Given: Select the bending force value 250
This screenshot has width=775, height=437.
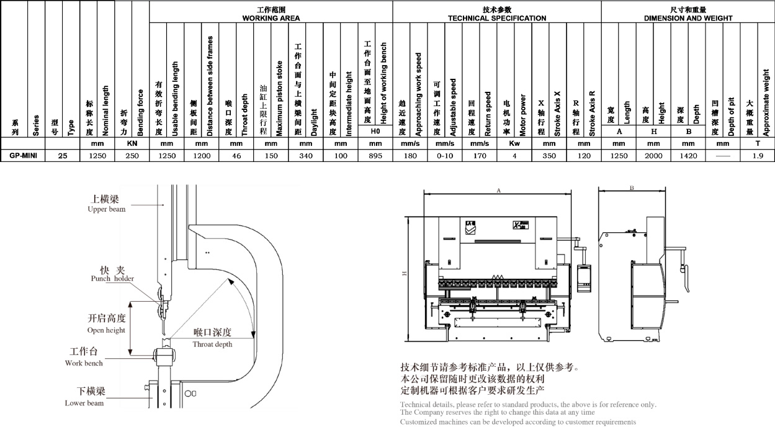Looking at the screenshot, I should (132, 156).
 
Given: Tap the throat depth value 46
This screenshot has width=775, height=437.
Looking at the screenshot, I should (236, 156).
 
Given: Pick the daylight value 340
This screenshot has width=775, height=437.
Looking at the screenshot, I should (305, 156).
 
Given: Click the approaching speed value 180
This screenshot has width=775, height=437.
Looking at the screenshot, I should (410, 156).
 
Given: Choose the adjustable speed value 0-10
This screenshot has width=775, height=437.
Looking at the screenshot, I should (445, 156).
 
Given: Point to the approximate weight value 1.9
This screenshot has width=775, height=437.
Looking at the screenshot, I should (758, 156).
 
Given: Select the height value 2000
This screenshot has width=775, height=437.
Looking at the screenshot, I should (654, 156).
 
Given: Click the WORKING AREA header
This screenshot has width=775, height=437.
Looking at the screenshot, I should (271, 14).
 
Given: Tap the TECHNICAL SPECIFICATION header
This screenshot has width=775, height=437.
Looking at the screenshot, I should (497, 14).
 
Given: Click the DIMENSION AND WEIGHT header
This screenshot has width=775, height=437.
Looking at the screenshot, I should (688, 14).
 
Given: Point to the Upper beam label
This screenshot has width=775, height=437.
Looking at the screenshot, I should (107, 204).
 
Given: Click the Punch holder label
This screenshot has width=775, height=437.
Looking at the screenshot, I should (112, 274).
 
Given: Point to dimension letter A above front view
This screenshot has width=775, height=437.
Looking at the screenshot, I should (498, 191).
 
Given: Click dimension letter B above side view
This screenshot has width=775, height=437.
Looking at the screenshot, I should (631, 187).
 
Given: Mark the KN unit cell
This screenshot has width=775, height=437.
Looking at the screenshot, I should (132, 143).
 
